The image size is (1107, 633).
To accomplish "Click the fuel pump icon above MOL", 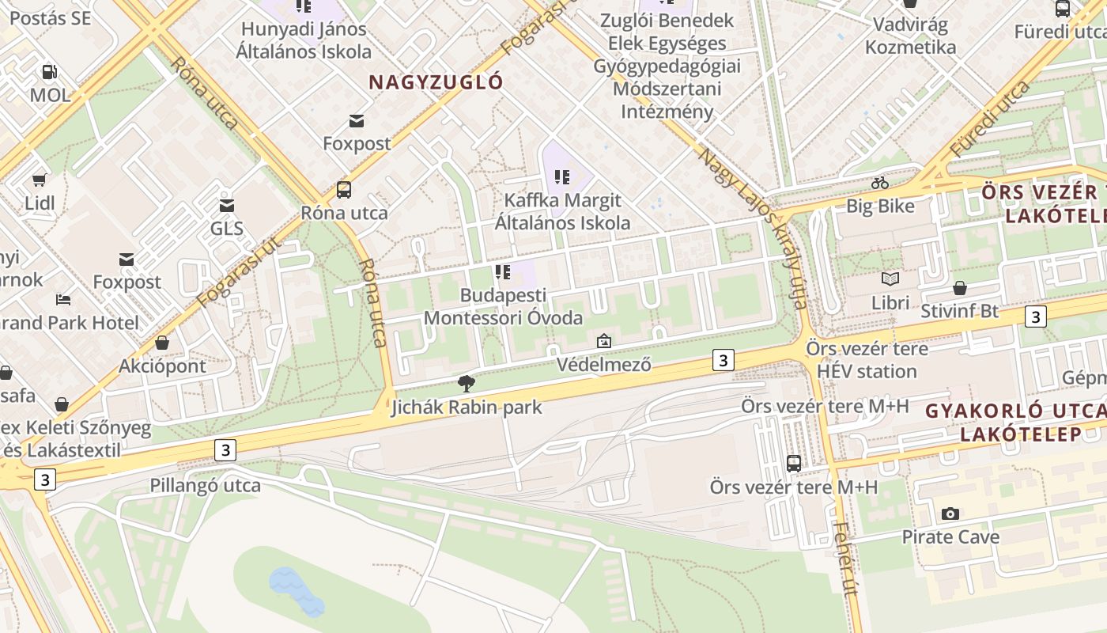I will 50,72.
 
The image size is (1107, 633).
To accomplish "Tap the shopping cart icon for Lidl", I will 39,180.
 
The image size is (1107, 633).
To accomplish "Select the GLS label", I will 227,229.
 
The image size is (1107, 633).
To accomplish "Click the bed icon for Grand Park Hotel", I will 63,299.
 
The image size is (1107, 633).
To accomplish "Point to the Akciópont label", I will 162,366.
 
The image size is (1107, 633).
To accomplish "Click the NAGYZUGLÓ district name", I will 436,81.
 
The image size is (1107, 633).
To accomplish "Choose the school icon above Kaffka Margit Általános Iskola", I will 562,176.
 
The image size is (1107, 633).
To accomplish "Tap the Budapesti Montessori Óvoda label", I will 504,307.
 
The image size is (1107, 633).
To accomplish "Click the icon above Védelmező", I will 604,341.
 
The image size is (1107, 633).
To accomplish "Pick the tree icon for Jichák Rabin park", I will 467,384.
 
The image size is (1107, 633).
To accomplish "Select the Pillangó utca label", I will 206,485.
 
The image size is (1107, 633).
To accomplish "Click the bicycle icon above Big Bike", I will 880,183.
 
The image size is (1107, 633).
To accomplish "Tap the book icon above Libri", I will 890,279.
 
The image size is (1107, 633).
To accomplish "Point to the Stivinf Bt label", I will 959,311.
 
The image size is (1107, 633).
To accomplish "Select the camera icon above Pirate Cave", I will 950,514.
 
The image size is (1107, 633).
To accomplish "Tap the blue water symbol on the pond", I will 296,590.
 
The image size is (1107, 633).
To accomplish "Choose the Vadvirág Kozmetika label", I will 910,36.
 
